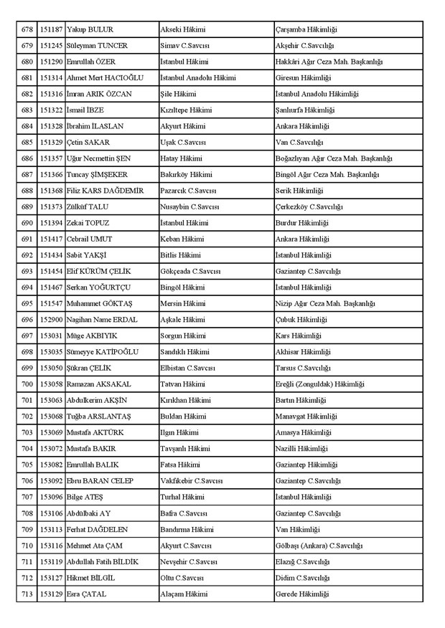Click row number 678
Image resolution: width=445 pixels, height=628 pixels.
pyautogui.click(x=27, y=29)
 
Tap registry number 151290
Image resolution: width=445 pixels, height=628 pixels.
pyautogui.click(x=51, y=62)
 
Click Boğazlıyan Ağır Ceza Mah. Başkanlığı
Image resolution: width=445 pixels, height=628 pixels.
pyautogui.click(x=334, y=158)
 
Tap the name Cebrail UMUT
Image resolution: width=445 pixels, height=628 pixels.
pyautogui.click(x=89, y=239)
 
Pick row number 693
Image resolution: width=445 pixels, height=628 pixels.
pyautogui.click(x=27, y=271)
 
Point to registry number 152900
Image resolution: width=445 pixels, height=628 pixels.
pyautogui.click(x=51, y=319)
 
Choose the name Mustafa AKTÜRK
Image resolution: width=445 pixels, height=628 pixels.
pyautogui.click(x=94, y=432)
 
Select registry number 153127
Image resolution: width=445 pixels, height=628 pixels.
pyautogui.click(x=51, y=577)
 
